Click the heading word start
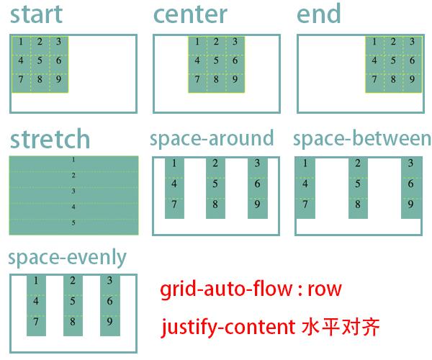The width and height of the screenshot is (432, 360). click(x=37, y=14)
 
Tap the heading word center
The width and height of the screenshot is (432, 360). click(x=190, y=14)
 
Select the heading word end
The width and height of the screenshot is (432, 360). click(x=319, y=14)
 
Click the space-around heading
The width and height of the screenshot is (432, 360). click(x=212, y=138)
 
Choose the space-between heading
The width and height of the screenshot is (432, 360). click(x=362, y=138)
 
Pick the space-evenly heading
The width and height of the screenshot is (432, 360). click(x=66, y=257)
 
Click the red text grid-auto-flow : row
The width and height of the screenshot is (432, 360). click(x=251, y=290)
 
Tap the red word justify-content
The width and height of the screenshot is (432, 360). click(x=222, y=328)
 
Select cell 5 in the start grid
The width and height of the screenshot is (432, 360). click(x=40, y=60)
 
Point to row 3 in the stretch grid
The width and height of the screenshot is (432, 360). click(x=73, y=191)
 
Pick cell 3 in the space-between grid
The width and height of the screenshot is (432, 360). click(x=411, y=163)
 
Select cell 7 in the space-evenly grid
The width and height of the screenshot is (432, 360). click(x=36, y=321)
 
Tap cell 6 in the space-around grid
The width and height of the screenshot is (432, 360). click(x=257, y=184)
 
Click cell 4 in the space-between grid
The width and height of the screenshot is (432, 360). click(x=305, y=184)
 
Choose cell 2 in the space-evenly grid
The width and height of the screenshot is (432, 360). click(x=73, y=281)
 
